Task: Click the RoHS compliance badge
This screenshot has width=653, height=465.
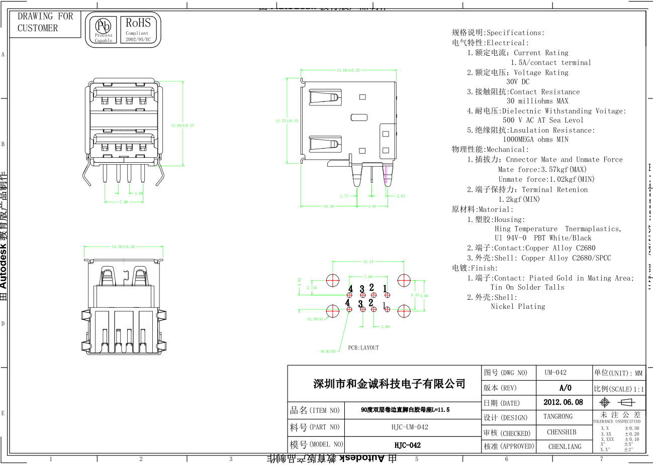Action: [138, 30]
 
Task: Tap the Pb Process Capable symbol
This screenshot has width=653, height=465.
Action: [104, 30]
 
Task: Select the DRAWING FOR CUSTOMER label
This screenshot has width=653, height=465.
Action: [45, 22]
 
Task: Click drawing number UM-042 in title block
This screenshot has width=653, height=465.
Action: [555, 373]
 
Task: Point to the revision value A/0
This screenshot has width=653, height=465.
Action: [565, 388]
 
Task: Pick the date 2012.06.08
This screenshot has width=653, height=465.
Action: [563, 402]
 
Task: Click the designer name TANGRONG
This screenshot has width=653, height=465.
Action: [557, 417]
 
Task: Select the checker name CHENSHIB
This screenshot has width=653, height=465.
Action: [562, 432]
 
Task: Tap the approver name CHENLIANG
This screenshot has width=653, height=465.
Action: [565, 446]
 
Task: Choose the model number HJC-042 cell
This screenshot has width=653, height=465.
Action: [407, 445]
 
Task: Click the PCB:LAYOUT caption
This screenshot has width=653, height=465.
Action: [363, 347]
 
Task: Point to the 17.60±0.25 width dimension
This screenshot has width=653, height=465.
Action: [348, 70]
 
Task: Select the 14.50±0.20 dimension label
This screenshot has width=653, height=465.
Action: [123, 247]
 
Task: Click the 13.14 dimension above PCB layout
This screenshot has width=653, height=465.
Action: [368, 262]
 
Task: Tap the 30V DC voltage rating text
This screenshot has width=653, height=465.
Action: [518, 81]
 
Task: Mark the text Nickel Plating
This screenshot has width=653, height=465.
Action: [518, 306]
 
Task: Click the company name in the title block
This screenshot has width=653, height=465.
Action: [389, 384]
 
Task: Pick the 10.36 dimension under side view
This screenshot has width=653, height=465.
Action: [329, 206]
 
